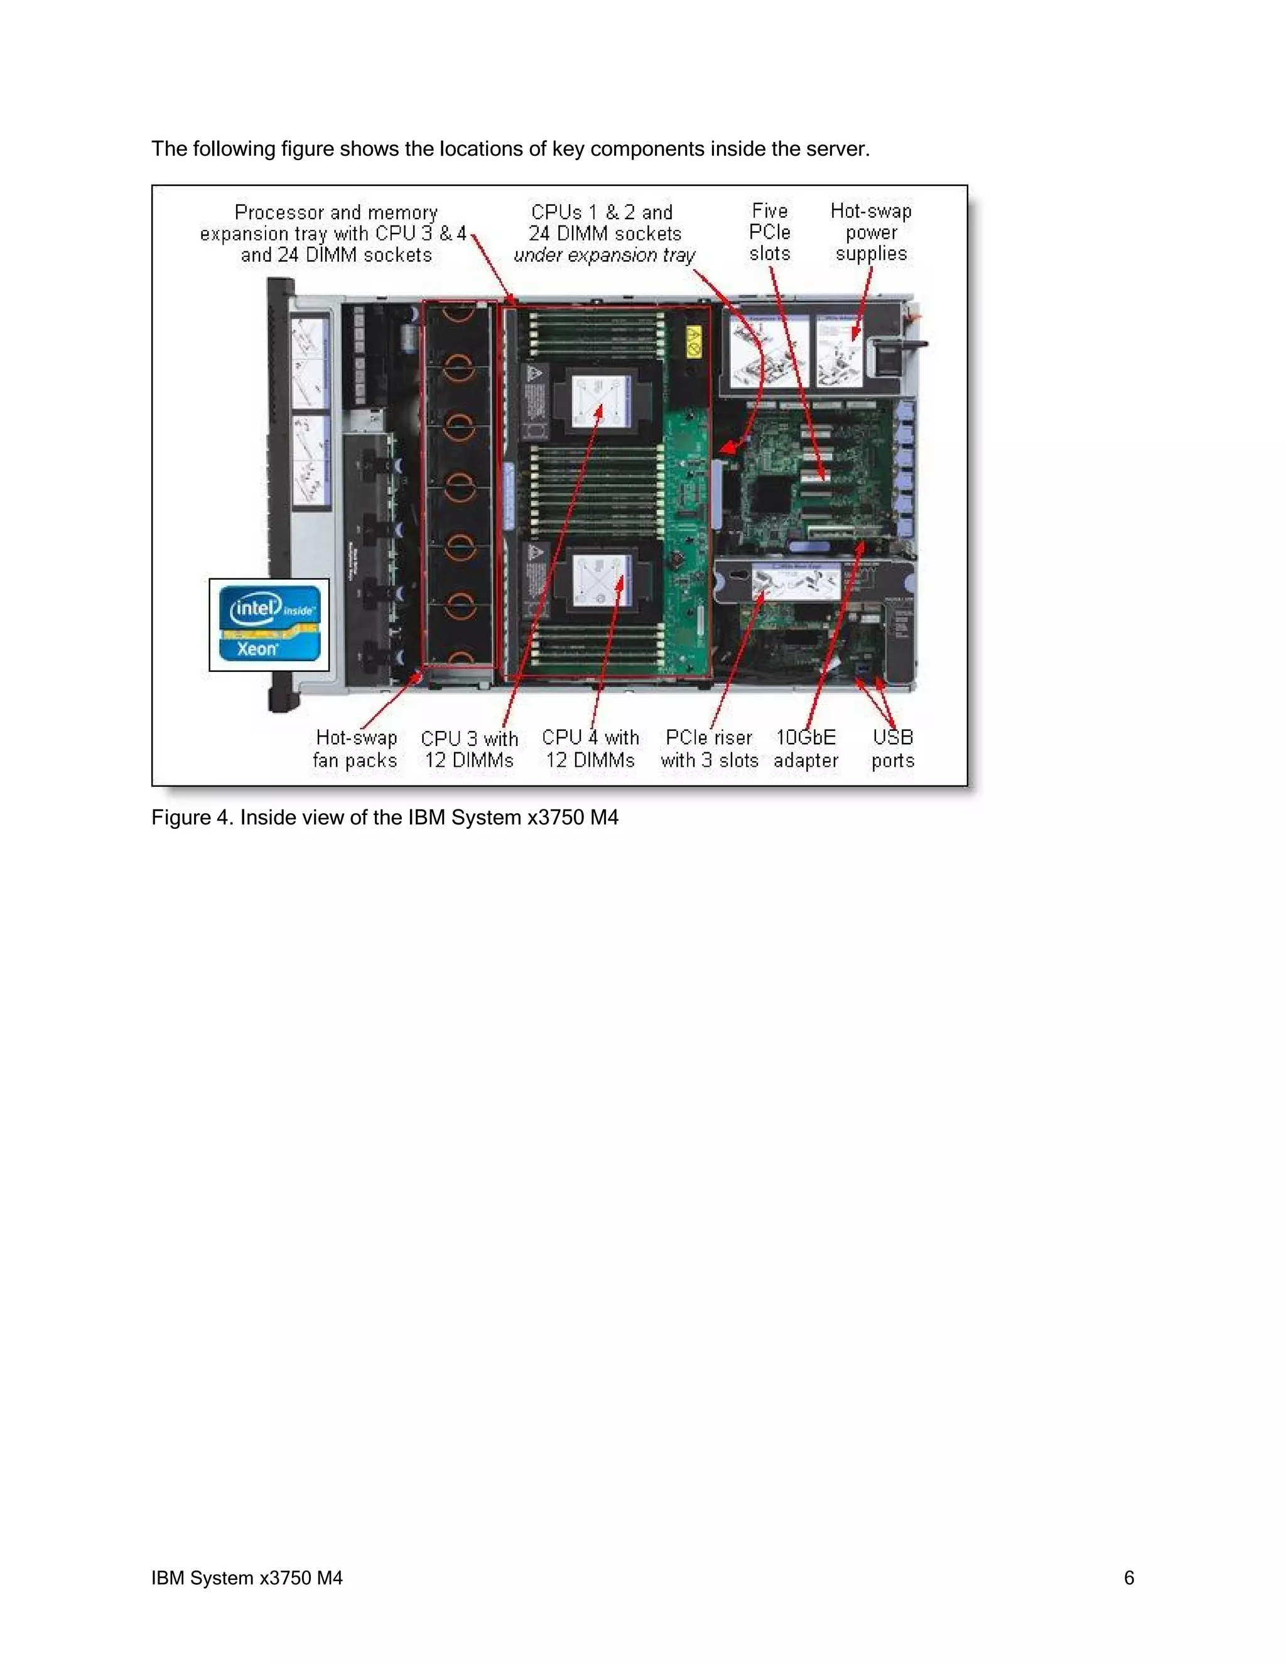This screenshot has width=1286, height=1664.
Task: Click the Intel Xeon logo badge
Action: (269, 624)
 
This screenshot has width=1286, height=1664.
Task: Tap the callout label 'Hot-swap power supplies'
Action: (871, 232)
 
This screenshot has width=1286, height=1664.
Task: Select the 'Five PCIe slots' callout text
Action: (769, 232)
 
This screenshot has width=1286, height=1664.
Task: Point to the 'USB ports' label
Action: (892, 749)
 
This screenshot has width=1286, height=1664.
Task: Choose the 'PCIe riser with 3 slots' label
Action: (710, 749)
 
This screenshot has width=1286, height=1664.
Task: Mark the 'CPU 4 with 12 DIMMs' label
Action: (590, 749)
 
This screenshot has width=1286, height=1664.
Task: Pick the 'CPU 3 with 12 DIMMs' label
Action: (469, 749)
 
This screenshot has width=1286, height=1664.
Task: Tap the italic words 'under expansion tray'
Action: (604, 255)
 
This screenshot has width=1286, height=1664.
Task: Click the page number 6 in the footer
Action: (1129, 1578)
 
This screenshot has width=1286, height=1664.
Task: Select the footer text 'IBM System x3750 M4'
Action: (247, 1578)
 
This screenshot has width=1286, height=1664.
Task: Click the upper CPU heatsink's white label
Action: (602, 401)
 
